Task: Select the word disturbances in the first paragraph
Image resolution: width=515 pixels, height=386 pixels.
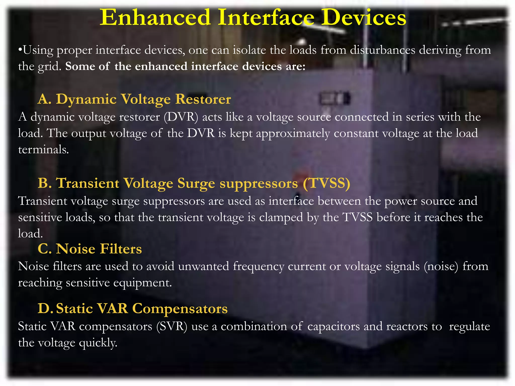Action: click(x=382, y=50)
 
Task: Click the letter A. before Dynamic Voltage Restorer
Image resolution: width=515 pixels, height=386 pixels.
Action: click(x=45, y=99)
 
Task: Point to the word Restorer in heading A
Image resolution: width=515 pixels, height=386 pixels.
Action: click(x=203, y=99)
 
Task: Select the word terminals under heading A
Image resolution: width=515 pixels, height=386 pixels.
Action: click(x=43, y=150)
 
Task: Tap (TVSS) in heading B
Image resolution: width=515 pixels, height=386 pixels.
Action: click(x=326, y=183)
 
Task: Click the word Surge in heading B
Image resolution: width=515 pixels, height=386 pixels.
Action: click(x=196, y=183)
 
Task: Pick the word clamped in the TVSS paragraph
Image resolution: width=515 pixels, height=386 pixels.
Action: click(x=281, y=217)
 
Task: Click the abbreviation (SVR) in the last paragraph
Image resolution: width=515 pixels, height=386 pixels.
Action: click(x=172, y=326)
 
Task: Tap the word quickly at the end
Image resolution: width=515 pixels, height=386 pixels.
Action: click(x=98, y=343)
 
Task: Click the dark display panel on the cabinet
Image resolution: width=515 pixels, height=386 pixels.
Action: click(x=334, y=99)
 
